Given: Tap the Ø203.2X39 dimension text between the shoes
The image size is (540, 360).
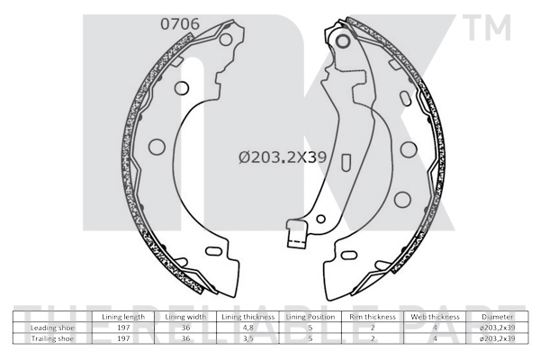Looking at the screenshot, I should (281, 157).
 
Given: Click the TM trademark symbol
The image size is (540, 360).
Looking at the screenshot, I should (488, 30).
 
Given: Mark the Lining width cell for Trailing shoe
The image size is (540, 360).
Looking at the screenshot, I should (185, 339).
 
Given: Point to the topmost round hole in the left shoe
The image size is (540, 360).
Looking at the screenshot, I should (226, 40).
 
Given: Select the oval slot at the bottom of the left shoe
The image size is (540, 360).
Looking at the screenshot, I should (214, 251).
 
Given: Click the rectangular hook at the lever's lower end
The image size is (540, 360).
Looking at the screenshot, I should (292, 238).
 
